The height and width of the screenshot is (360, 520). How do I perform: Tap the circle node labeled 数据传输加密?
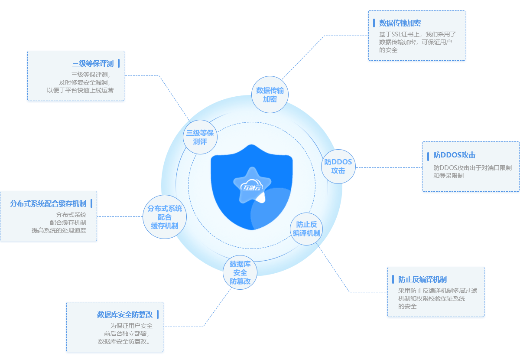tap(270, 95)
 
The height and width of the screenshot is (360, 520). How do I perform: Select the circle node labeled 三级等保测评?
tap(200, 137)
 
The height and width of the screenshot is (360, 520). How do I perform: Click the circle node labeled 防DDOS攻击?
tap(338, 166)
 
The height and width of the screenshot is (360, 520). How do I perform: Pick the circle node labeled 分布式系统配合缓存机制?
tap(165, 217)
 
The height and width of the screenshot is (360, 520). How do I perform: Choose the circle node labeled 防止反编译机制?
tap(306, 229)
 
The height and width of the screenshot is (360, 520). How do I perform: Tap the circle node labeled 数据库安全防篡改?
tap(240, 272)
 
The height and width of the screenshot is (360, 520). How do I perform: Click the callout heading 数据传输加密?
tap(400, 23)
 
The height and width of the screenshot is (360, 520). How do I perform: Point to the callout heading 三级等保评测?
tap(93, 63)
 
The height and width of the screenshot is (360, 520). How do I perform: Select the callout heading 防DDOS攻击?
tap(455, 155)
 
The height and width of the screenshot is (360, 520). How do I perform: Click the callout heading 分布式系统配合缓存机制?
tap(48, 203)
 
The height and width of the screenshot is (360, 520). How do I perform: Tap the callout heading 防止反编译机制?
tap(422, 279)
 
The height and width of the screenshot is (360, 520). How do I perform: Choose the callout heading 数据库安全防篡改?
tap(125, 314)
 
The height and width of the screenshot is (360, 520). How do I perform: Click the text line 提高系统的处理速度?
tap(59, 230)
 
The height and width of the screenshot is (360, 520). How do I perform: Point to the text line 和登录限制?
tap(448, 176)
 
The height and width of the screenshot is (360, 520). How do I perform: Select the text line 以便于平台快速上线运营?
tap(80, 90)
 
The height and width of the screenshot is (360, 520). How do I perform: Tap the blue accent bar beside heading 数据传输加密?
tap(374, 23)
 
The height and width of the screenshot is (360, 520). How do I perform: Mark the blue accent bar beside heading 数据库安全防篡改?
tap(158, 314)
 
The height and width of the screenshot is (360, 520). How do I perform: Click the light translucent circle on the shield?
tap(271, 210)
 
